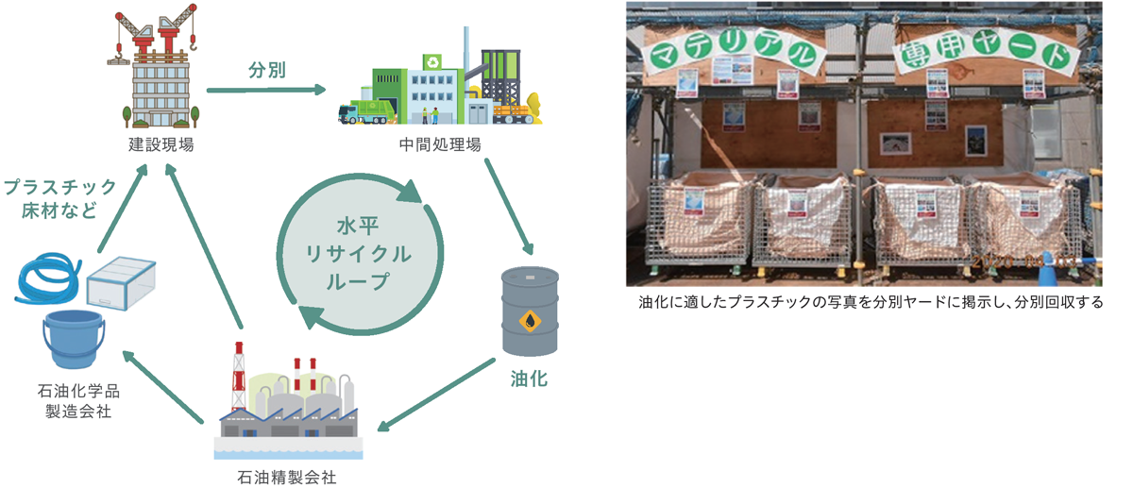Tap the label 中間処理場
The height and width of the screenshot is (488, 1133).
[440, 145]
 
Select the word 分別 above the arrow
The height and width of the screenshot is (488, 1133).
[267, 70]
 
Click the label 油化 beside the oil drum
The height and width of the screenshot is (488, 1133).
[529, 379]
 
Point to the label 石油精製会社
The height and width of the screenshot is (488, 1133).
[287, 477]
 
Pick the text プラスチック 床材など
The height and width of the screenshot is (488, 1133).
[59, 198]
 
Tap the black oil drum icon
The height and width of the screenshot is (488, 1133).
[529, 311]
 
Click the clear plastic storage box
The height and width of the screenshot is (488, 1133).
[122, 281]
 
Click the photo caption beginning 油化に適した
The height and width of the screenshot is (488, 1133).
[871, 303]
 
